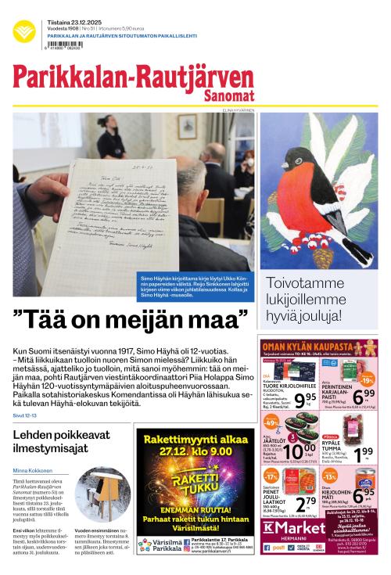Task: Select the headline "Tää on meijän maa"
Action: click(x=131, y=318)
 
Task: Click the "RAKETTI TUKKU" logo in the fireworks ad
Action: click(x=192, y=480)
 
